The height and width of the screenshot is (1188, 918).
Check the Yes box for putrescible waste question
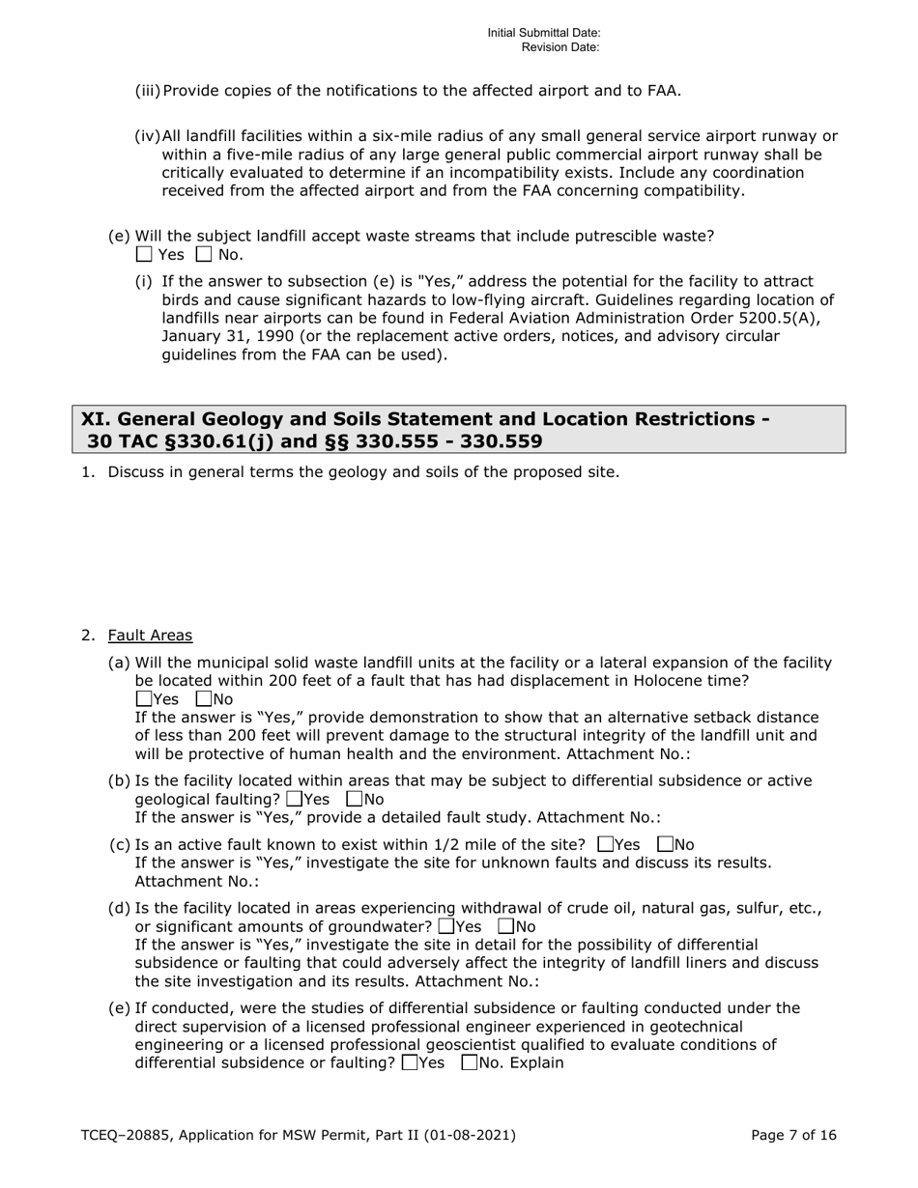(144, 255)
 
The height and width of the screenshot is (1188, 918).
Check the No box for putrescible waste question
(204, 255)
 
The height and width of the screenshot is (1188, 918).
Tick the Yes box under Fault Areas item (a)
(144, 698)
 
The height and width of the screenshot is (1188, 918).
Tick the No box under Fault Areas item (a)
(204, 698)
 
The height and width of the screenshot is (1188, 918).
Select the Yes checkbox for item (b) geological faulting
(295, 799)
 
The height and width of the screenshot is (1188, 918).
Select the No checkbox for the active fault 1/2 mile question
(664, 844)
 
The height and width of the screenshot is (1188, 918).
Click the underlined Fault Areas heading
(150, 636)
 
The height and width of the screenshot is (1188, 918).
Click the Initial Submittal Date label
(544, 33)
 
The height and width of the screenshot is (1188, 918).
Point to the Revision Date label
(560, 46)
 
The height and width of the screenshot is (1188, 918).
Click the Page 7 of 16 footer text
(793, 1136)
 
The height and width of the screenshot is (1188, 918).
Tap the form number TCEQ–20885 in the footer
(122, 1136)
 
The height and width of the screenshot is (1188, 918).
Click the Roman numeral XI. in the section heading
(94, 419)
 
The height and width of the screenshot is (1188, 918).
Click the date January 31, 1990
(227, 336)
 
